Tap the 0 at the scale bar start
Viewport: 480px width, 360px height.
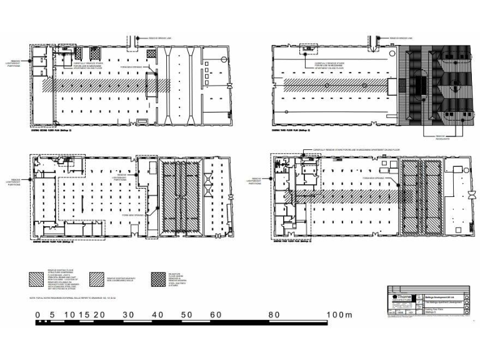[38, 314]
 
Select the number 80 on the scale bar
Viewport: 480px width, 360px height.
[272, 314]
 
